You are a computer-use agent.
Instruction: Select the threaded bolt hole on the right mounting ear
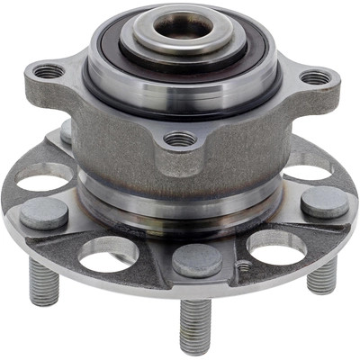tap(315, 78)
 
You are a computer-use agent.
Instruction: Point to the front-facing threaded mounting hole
tap(180, 139)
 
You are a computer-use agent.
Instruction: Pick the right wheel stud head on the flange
tap(324, 202)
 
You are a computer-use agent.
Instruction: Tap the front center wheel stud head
tap(197, 260)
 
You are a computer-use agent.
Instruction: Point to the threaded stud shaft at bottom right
tap(321, 274)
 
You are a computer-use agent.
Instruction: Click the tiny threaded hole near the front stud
tap(241, 266)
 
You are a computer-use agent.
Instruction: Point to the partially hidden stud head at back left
tap(67, 132)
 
